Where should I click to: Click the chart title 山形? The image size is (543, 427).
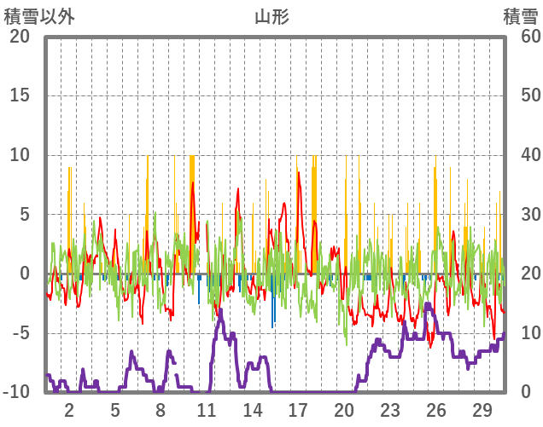pos(271,16)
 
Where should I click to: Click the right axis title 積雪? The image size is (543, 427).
pos(520,16)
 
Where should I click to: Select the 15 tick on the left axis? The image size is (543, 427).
pos(20,95)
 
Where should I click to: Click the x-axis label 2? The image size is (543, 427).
pos(69,408)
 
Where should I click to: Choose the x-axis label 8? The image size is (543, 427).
pos(161,408)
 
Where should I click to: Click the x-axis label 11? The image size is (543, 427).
pos(207,408)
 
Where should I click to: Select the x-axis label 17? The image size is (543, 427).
pos(298,408)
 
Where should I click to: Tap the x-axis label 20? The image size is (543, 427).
pos(344,408)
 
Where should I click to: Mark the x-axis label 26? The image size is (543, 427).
pos(435,408)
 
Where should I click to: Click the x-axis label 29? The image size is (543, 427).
pos(482,408)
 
